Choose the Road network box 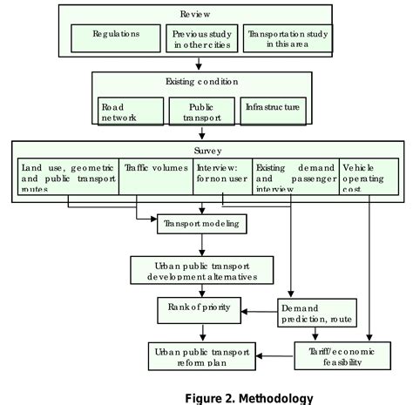[x=129, y=111]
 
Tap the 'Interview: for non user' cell [x=224, y=173]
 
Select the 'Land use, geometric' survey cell [x=68, y=173]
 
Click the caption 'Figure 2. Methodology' [x=249, y=398]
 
